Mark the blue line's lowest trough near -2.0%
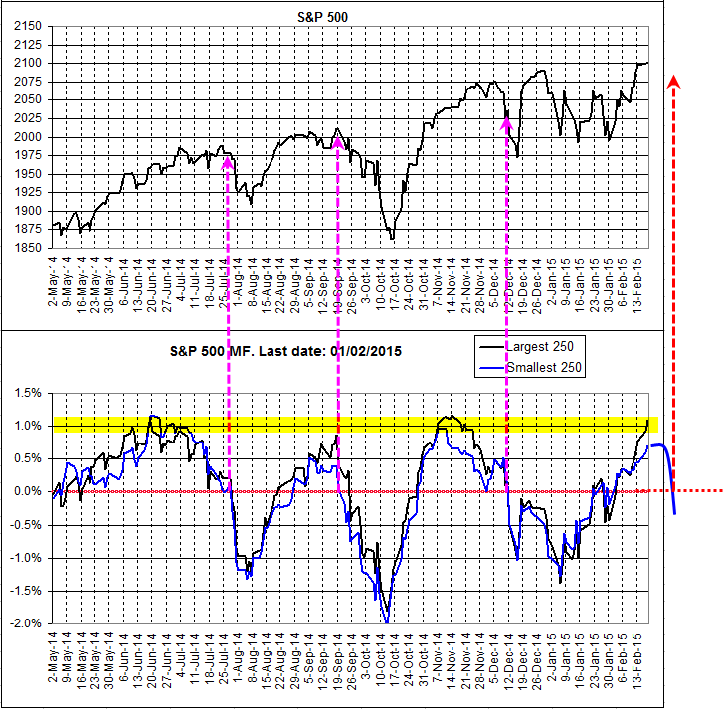[386, 621]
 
